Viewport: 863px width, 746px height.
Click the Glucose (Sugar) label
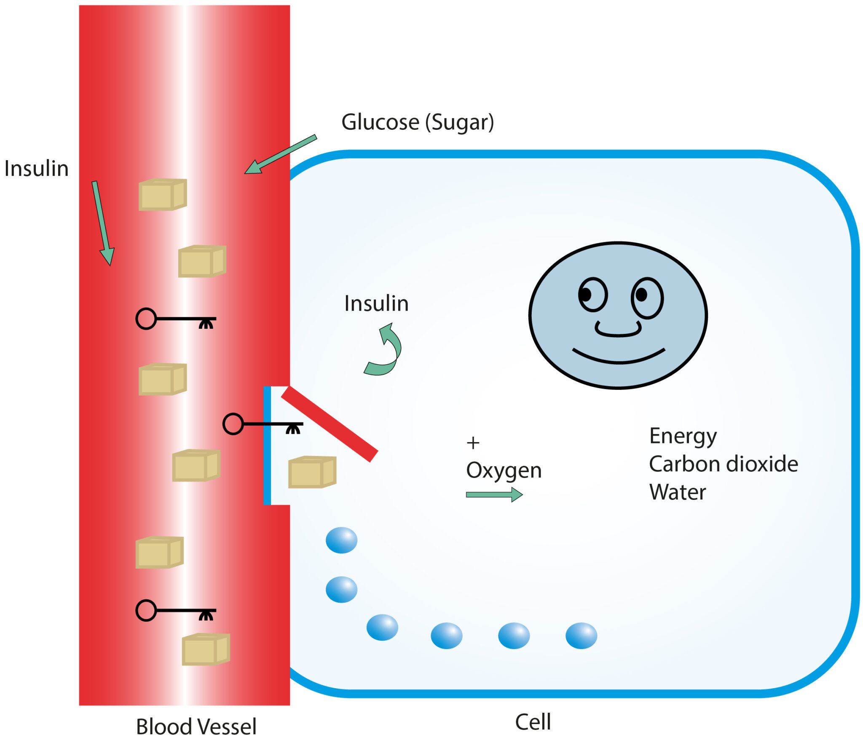pyautogui.click(x=417, y=123)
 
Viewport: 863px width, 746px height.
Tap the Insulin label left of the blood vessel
pyautogui.click(x=37, y=169)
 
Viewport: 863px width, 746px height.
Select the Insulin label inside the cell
pyautogui.click(x=376, y=303)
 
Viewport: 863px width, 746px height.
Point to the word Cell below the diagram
pyautogui.click(x=533, y=722)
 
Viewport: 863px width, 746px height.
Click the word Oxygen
pyautogui.click(x=504, y=470)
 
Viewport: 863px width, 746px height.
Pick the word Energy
pyautogui.click(x=683, y=436)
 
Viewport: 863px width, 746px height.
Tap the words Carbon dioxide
pyautogui.click(x=723, y=464)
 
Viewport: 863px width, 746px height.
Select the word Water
pyautogui.click(x=677, y=492)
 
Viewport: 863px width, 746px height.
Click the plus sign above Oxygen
pyautogui.click(x=473, y=443)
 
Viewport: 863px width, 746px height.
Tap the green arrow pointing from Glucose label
pyautogui.click(x=280, y=154)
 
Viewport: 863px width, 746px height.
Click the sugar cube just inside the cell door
pyautogui.click(x=312, y=472)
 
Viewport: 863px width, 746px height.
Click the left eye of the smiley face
pyautogui.click(x=592, y=294)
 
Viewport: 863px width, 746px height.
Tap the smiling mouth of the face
pyautogui.click(x=618, y=357)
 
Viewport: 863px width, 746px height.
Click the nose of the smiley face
pyautogui.click(x=618, y=330)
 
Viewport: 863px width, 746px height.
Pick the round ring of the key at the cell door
pyautogui.click(x=233, y=424)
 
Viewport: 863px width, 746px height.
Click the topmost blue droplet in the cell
pyautogui.click(x=341, y=540)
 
